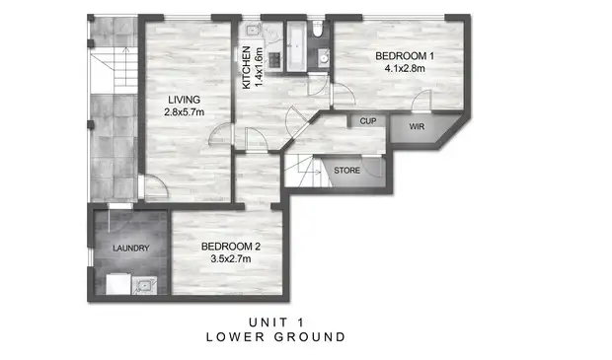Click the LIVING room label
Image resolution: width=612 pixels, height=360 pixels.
[184, 99]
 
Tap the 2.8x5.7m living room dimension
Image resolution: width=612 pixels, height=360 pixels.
[184, 112]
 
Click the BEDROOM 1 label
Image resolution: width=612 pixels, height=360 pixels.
[406, 57]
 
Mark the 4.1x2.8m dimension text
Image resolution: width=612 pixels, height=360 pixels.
[406, 70]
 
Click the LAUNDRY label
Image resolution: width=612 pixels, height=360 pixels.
[131, 249]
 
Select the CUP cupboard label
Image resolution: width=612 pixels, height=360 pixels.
[369, 121]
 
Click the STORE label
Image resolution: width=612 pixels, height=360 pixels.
[346, 171]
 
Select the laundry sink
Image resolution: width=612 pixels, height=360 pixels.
[144, 287]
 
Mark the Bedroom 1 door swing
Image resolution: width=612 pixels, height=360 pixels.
[421, 101]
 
